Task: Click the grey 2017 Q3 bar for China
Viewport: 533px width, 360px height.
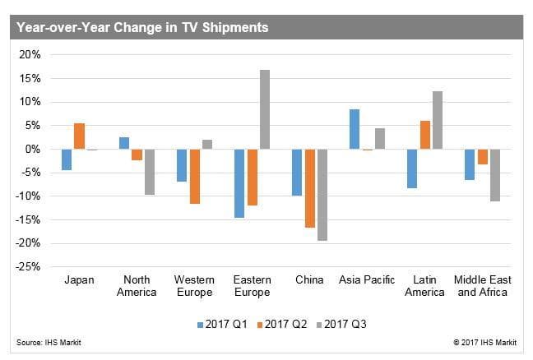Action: [322, 195]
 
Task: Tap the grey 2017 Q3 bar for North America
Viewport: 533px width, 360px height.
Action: [149, 172]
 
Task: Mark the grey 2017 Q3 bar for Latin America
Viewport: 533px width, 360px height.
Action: [438, 120]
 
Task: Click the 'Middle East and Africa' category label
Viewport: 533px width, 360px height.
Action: [483, 286]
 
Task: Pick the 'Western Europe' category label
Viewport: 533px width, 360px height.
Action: [194, 286]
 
